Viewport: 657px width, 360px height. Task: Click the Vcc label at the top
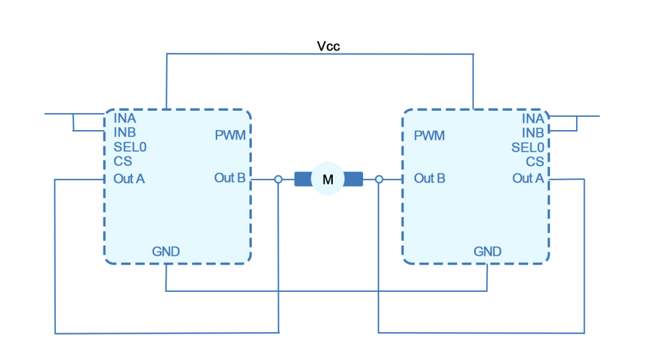click(328, 46)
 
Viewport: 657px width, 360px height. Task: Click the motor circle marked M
click(328, 179)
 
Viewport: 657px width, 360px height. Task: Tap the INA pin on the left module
click(125, 119)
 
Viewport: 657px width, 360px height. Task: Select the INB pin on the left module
click(125, 133)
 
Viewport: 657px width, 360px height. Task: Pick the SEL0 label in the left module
click(130, 147)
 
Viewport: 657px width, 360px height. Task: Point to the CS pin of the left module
click(122, 161)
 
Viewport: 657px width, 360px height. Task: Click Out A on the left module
click(129, 179)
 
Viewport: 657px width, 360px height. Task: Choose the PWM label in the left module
click(231, 135)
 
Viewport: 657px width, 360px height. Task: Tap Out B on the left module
click(230, 178)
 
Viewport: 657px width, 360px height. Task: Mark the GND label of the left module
click(165, 251)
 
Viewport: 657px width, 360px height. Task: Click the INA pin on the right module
click(533, 119)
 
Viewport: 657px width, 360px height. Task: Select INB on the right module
click(533, 133)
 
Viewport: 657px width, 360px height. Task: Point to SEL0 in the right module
click(527, 147)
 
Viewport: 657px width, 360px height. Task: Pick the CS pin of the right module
click(535, 161)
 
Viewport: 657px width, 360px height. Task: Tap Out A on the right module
click(528, 178)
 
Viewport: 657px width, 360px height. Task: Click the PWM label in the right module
click(429, 136)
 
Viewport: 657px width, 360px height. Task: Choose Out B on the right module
click(429, 178)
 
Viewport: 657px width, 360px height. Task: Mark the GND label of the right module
click(487, 251)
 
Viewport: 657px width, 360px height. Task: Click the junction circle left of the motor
click(279, 179)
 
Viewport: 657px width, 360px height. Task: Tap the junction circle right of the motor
click(378, 179)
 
